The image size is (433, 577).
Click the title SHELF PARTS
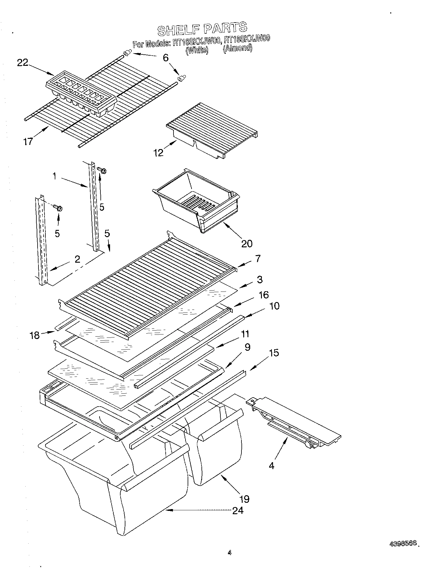click(x=202, y=29)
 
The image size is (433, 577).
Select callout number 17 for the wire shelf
click(x=28, y=142)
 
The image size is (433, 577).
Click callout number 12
click(x=158, y=153)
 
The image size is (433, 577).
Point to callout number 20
click(x=247, y=243)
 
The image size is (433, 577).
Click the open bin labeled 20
click(x=195, y=201)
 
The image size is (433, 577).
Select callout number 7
click(x=258, y=258)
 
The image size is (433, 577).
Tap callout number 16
click(x=263, y=295)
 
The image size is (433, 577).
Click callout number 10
click(x=274, y=306)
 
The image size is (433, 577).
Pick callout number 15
click(x=274, y=353)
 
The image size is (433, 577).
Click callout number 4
click(x=272, y=466)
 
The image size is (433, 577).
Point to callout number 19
click(x=244, y=499)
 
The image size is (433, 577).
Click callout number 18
click(x=35, y=335)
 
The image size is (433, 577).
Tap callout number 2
click(x=77, y=259)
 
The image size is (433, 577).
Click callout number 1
click(x=54, y=176)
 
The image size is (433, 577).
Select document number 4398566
click(x=403, y=543)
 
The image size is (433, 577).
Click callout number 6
click(x=166, y=58)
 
